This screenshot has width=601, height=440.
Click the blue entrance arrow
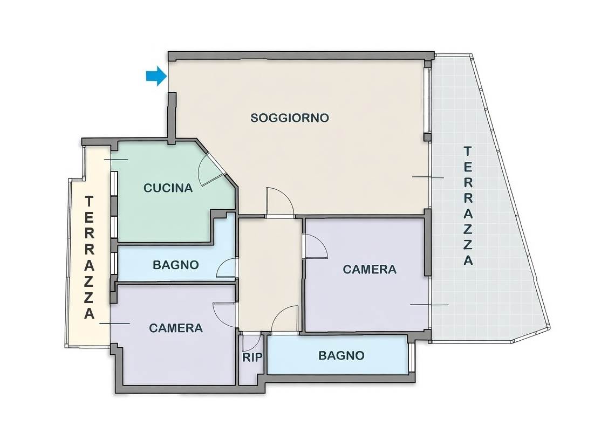pyautogui.click(x=156, y=76)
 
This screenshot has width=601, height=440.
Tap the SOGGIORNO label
pyautogui.click(x=290, y=118)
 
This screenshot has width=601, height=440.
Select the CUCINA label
pyautogui.click(x=168, y=188)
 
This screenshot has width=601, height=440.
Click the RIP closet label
pyautogui.click(x=252, y=357)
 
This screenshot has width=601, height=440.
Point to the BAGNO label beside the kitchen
pyautogui.click(x=176, y=265)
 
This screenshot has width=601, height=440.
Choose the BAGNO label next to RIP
pyautogui.click(x=341, y=355)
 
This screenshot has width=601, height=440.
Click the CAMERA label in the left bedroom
pyautogui.click(x=176, y=328)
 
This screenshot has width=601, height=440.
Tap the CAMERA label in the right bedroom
pyautogui.click(x=370, y=270)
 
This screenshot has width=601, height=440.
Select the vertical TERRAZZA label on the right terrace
pyautogui.click(x=468, y=206)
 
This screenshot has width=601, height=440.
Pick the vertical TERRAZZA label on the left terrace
pyautogui.click(x=90, y=257)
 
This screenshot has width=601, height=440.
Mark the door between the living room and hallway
pyautogui.click(x=280, y=202)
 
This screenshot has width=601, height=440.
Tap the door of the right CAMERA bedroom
pyautogui.click(x=315, y=246)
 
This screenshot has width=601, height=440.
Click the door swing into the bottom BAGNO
pyautogui.click(x=285, y=319)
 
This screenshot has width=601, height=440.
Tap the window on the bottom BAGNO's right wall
pyautogui.click(x=411, y=357)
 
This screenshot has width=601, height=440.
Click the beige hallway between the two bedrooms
pyautogui.click(x=270, y=274)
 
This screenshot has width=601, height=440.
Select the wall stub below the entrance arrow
pyautogui.click(x=172, y=119)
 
